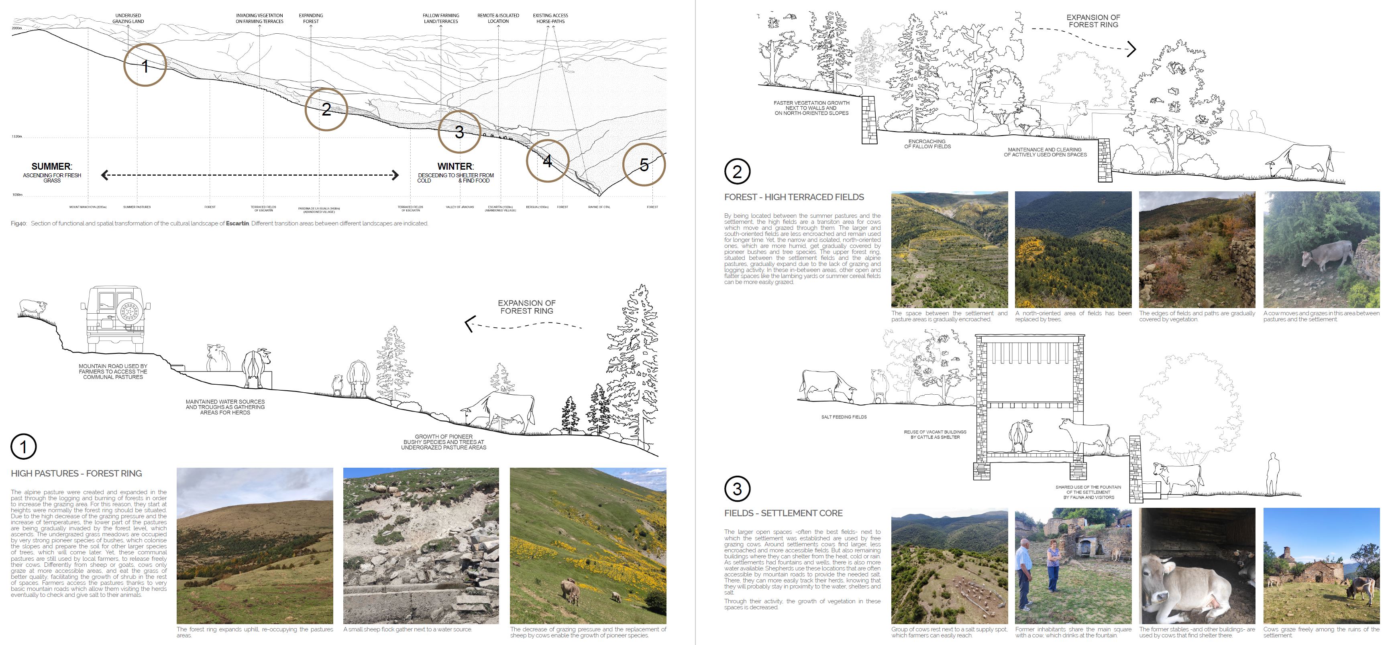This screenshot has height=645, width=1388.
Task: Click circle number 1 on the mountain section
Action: (x=145, y=65)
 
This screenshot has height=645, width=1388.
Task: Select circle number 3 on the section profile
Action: (x=459, y=132)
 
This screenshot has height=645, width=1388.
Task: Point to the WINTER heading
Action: (x=455, y=166)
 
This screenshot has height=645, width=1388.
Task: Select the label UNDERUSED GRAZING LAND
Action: (x=128, y=18)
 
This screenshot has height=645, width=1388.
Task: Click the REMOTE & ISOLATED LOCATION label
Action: (x=498, y=18)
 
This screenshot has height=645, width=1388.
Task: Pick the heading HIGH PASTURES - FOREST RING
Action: (x=77, y=473)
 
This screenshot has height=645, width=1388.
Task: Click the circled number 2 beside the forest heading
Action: (x=737, y=172)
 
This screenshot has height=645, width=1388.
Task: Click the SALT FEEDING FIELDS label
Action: (x=844, y=417)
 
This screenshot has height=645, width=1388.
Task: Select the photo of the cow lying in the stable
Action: (x=1197, y=565)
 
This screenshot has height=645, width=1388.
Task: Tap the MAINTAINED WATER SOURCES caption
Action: (x=225, y=407)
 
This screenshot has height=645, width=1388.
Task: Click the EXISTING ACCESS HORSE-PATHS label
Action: (x=550, y=18)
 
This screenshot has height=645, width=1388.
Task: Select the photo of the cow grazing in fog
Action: (x=1321, y=249)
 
